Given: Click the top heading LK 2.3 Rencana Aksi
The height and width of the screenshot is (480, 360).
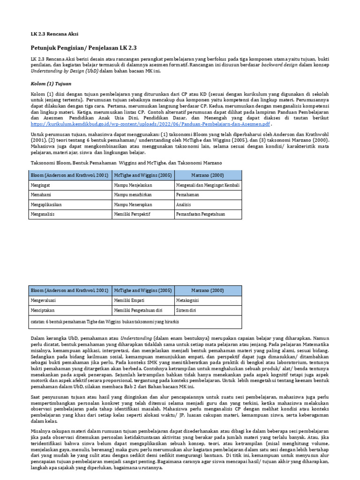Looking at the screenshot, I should [54, 35].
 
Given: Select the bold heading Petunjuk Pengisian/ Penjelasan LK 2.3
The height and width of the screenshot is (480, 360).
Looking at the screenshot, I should [83, 48].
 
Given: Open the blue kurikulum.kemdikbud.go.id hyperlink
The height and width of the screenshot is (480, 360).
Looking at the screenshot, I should [150, 124].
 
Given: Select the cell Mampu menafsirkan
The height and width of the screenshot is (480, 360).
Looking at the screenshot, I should [134, 195].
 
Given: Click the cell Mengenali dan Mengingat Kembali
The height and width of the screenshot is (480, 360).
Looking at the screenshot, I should [208, 185].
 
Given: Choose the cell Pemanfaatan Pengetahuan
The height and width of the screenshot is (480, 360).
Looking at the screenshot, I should [201, 214].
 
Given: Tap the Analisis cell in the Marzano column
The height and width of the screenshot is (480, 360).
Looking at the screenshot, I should [184, 204].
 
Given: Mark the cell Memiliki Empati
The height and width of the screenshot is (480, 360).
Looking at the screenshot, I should [129, 300].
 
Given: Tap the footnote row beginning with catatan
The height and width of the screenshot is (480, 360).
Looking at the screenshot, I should [105, 322].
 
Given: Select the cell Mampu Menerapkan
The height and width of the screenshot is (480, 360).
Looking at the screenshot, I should [134, 204].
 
